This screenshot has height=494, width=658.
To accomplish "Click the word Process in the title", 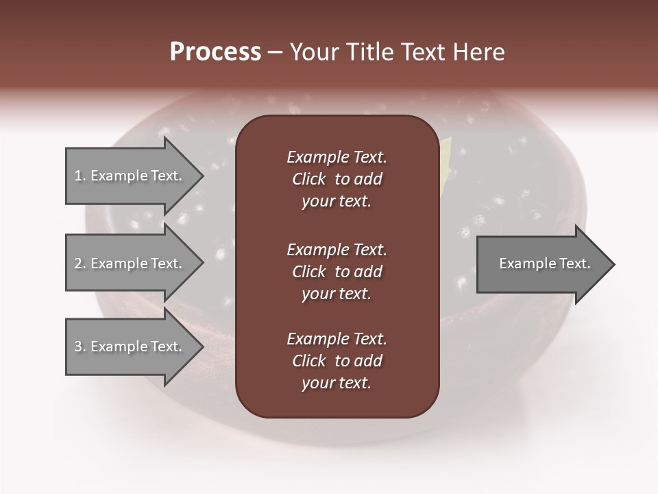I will click(x=215, y=52).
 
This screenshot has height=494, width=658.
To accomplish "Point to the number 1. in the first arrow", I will click(x=80, y=176).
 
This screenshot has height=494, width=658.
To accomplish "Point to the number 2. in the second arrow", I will click(x=80, y=263).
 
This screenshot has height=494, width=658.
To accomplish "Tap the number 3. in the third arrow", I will click(x=80, y=346).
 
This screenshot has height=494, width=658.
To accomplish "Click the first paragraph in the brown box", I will click(x=337, y=179).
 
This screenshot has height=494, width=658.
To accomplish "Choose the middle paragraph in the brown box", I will click(x=337, y=271).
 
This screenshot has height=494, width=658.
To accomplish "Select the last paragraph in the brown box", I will click(x=337, y=361).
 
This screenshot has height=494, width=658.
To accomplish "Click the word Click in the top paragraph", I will click(x=309, y=179).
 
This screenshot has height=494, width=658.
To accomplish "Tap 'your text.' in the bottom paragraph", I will click(x=337, y=383).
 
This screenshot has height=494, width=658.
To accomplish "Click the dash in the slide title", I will click(x=275, y=52).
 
